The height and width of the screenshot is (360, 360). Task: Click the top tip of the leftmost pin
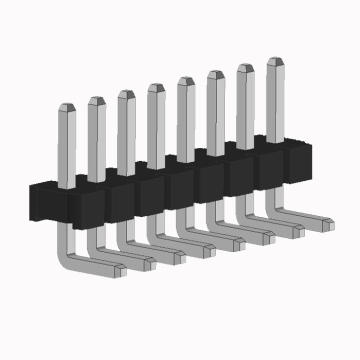point(67,105)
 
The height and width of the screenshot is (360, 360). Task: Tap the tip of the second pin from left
point(96,100)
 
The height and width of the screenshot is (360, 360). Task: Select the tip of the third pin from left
point(126,94)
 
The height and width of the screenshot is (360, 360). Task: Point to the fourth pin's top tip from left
point(156,88)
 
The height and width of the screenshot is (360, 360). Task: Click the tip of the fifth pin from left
point(186,82)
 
